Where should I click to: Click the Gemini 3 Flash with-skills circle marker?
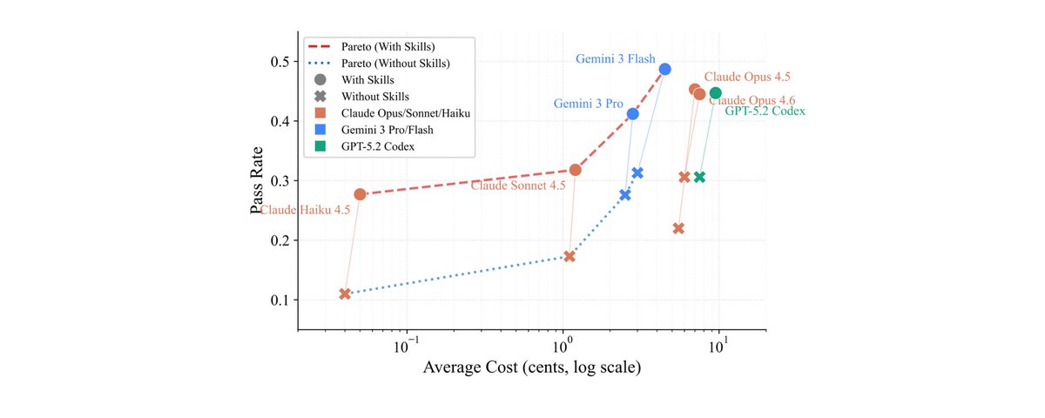(664, 69)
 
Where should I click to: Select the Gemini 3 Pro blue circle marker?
(632, 114)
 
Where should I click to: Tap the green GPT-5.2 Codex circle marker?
(715, 93)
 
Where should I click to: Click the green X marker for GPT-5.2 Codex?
(699, 177)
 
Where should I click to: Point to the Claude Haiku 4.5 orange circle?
(360, 194)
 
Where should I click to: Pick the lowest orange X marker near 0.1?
(345, 294)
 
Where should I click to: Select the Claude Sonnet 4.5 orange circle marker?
(576, 170)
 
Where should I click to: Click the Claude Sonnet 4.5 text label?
(518, 185)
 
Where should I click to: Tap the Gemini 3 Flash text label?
(616, 59)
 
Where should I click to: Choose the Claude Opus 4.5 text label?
(747, 77)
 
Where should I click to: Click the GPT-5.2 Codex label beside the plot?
(765, 111)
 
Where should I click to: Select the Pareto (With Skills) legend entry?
(372, 47)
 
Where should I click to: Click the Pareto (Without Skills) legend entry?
(380, 64)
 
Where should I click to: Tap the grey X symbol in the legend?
(320, 97)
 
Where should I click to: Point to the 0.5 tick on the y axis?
(280, 62)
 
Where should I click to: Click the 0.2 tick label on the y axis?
(280, 240)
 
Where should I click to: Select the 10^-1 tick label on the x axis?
(406, 347)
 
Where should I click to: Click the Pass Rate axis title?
(257, 180)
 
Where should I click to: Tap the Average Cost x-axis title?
(532, 367)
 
